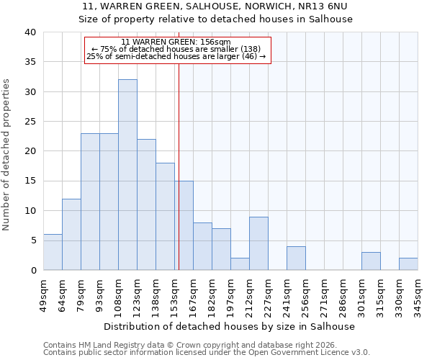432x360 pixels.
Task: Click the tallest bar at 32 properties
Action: [127, 175]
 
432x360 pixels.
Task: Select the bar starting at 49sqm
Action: [53, 252]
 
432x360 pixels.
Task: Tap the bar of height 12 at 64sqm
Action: [71, 235]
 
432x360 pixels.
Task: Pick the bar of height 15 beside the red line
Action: [184, 225]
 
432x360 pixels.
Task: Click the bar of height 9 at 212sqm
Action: [258, 243]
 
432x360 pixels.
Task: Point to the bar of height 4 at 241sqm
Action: [296, 258]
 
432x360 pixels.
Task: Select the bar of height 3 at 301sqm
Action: [371, 261]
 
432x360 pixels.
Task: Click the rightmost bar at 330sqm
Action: [408, 264]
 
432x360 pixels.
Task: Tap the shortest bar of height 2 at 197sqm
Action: [240, 264]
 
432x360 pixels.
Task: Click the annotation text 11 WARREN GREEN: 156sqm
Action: [176, 42]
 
